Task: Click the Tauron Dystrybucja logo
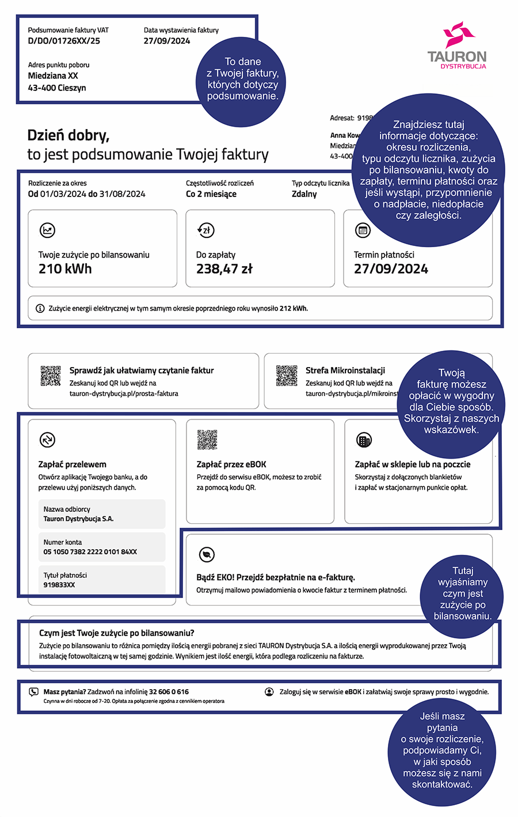(457, 46)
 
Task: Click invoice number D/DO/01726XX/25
(64, 41)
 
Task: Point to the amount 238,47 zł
(224, 268)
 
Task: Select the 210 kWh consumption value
(65, 268)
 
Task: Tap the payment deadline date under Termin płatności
(391, 268)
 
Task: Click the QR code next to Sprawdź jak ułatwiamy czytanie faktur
(51, 376)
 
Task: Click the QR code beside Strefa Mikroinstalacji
(287, 376)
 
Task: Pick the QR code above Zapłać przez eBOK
(207, 440)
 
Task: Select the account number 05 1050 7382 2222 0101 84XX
(90, 552)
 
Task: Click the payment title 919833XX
(59, 585)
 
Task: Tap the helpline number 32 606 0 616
(169, 692)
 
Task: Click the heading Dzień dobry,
(68, 135)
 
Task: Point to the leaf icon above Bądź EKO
(206, 554)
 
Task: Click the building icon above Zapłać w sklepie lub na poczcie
(364, 440)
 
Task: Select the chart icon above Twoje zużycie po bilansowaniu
(47, 230)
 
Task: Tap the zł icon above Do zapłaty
(205, 230)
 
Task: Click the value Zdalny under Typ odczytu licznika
(304, 194)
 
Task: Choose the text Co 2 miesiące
(211, 194)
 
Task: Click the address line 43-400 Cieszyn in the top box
(57, 88)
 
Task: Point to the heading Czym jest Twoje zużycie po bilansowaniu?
(117, 633)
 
